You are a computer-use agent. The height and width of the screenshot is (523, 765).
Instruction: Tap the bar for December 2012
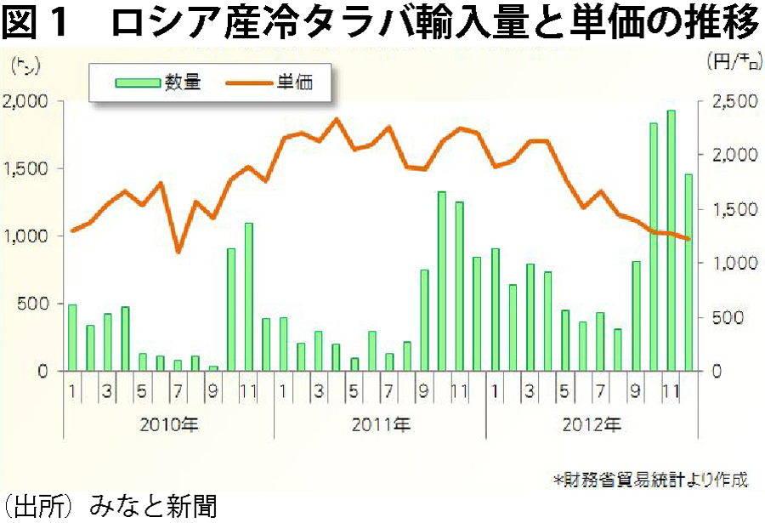(x=688, y=272)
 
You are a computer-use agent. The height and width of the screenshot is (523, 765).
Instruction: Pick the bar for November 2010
(x=249, y=297)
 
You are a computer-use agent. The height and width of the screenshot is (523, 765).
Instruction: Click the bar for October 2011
(x=442, y=281)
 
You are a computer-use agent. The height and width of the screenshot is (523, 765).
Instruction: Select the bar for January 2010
(x=72, y=338)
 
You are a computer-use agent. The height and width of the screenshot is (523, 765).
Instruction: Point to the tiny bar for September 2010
(x=213, y=368)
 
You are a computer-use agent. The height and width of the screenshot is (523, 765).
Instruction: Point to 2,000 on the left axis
(x=27, y=101)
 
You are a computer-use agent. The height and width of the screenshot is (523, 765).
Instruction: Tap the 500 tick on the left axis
(x=37, y=304)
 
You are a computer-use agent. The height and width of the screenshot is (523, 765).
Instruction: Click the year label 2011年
(x=379, y=422)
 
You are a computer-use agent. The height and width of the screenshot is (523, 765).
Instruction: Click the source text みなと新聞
(x=153, y=508)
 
